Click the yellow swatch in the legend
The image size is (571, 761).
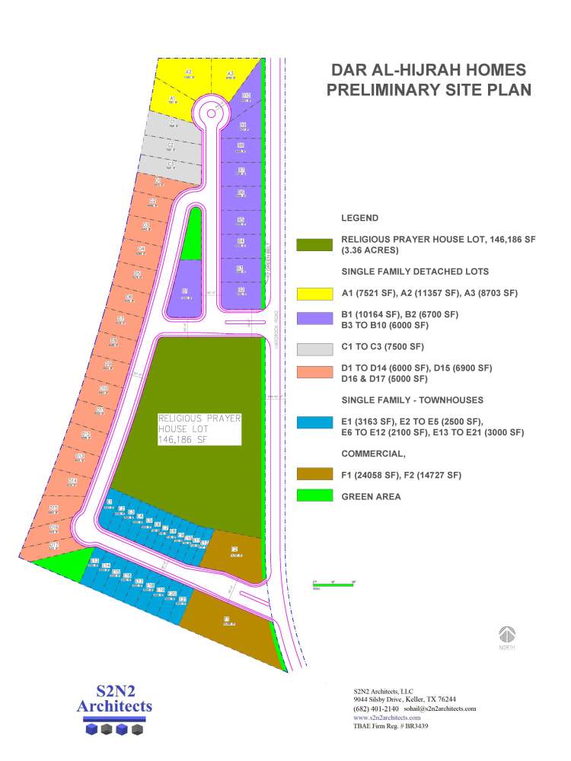coord(314,294)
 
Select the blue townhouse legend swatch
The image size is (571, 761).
coord(314,423)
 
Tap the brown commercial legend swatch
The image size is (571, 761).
coord(314,475)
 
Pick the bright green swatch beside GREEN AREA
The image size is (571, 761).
coord(314,496)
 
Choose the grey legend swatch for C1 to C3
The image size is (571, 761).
coord(314,349)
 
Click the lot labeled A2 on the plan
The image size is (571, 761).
coord(188,72)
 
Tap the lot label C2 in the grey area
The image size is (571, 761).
coord(171,145)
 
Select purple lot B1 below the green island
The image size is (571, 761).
coord(185,291)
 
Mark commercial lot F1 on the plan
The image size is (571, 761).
coord(226,619)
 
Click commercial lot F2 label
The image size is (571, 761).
coord(234,550)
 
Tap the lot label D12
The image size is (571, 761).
coord(86,435)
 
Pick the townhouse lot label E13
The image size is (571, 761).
coord(95,561)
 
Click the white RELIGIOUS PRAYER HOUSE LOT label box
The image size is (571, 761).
coord(199,429)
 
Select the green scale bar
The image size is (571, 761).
coord(334,584)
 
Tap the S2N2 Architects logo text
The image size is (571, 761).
coord(114,699)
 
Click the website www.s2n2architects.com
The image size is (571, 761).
coord(387,718)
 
